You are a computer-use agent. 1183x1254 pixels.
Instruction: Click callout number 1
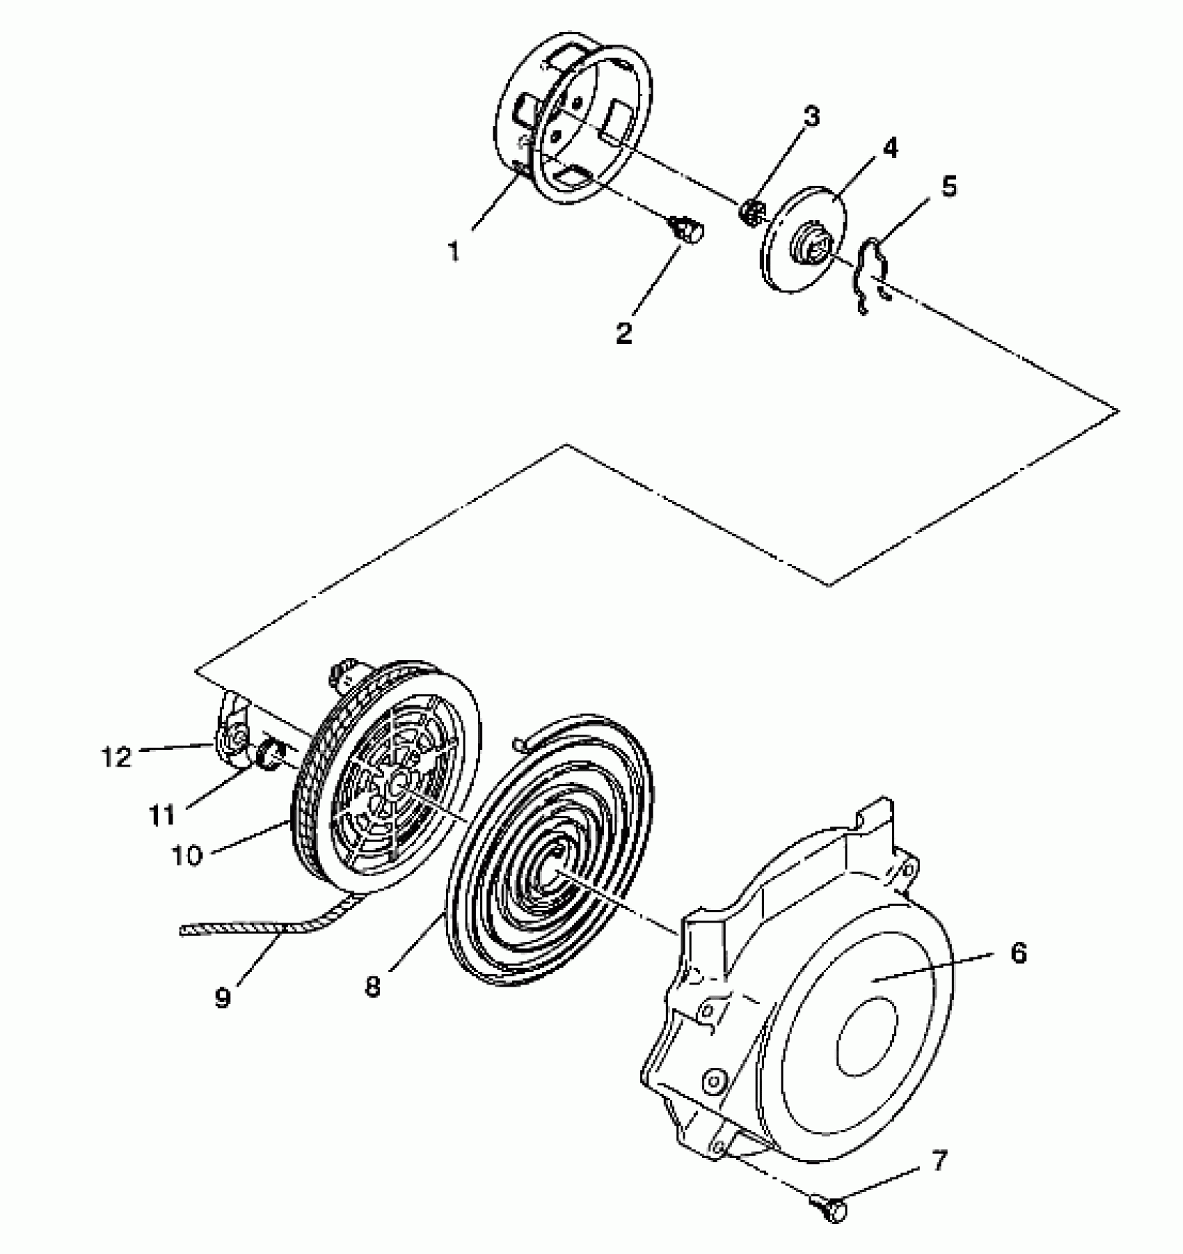454,251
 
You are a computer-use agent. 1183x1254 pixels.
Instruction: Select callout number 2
624,332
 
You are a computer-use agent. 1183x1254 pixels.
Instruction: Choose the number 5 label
948,187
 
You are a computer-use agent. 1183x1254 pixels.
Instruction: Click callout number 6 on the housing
1017,953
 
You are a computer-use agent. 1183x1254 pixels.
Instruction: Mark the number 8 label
374,987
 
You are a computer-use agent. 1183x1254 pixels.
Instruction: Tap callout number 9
222,998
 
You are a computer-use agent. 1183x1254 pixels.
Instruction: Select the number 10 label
186,855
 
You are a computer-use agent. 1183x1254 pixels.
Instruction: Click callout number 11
162,814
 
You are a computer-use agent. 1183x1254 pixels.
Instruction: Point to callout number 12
116,757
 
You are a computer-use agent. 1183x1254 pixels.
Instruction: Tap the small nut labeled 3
752,209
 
